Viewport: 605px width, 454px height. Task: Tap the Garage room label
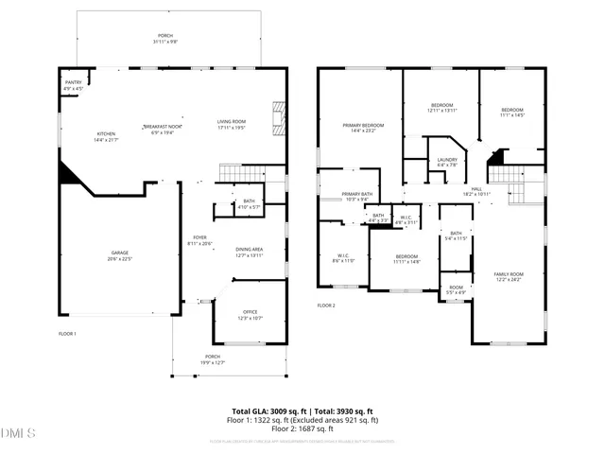[120, 254]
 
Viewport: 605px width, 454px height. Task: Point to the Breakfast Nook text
[163, 127]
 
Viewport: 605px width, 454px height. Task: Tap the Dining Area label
[250, 251]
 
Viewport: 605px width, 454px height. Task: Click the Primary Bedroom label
[363, 128]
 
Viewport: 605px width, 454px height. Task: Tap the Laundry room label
[447, 162]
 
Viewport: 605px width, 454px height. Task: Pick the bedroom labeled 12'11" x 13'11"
[442, 108]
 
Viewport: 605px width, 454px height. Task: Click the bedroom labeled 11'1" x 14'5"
[512, 112]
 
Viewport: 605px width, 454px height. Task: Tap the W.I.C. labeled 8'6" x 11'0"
[344, 257]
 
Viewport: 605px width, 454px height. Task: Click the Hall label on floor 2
[476, 190]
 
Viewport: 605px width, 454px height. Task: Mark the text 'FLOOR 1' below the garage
[68, 334]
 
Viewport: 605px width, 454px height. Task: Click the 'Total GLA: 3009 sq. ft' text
[270, 410]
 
